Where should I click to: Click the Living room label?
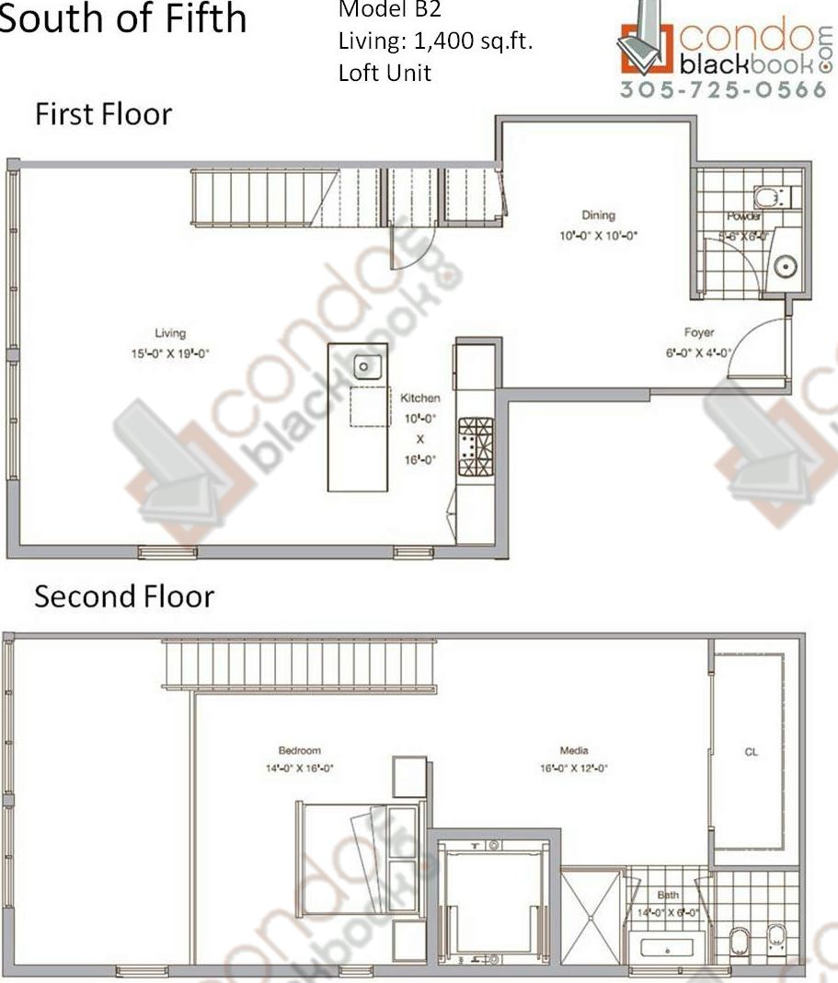[x=170, y=333]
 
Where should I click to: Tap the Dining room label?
[x=598, y=215]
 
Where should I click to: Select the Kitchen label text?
[x=419, y=398]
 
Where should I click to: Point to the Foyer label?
[x=699, y=332]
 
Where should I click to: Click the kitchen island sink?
[x=366, y=367]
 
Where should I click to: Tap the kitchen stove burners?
[x=476, y=446]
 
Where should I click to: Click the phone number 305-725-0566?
[x=723, y=90]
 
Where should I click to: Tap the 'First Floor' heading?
[x=103, y=115]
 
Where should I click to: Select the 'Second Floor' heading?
[x=124, y=596]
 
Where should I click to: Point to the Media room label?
[x=574, y=749]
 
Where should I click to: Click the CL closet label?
[x=751, y=752]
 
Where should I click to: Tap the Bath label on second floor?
[x=668, y=895]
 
